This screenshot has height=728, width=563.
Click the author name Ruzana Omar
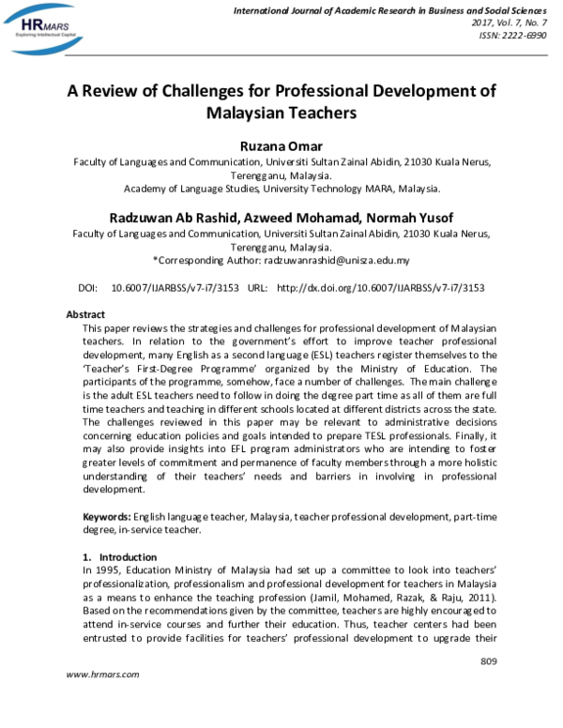tap(281, 145)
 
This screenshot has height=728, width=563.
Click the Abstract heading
tap(85, 314)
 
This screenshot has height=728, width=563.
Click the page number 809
tap(488, 662)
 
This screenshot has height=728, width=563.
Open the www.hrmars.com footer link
tap(103, 675)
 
